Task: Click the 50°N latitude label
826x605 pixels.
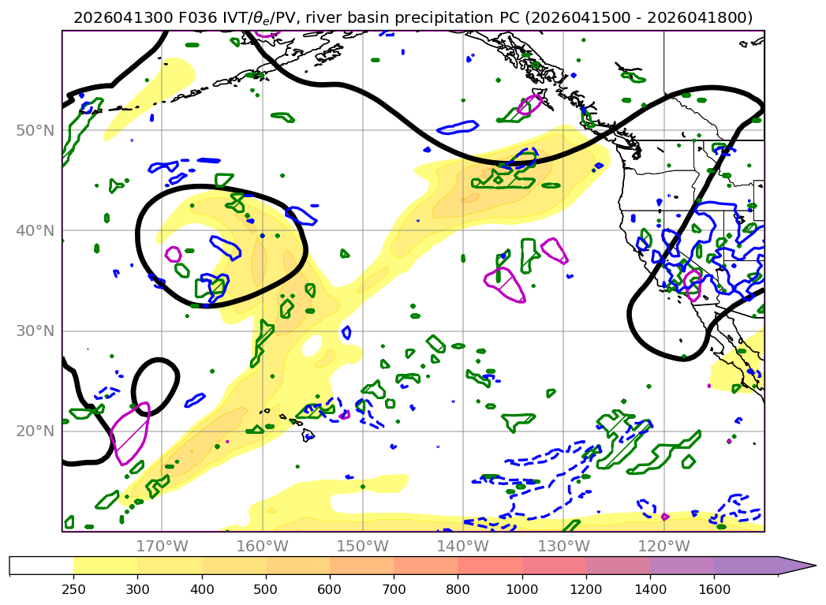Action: [x=36, y=131]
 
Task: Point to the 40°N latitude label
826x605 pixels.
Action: [x=36, y=230]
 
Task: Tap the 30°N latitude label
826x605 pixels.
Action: [x=36, y=331]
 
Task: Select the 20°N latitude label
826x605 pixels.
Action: [x=36, y=431]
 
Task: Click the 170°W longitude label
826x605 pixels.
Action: [x=163, y=546]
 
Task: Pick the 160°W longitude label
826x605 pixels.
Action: [x=263, y=546]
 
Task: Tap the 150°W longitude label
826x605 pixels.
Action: [x=362, y=546]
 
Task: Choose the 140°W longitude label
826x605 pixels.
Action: [x=463, y=546]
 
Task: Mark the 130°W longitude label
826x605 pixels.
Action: [x=563, y=546]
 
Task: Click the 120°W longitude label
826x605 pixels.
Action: [x=663, y=546]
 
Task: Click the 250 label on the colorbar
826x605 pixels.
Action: [x=73, y=589]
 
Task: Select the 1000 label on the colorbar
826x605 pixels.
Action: [x=522, y=589]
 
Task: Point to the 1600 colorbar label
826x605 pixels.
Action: [x=714, y=589]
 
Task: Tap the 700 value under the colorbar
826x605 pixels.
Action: [x=394, y=589]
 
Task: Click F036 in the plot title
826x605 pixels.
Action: [x=197, y=18]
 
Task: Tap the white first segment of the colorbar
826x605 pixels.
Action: [x=42, y=566]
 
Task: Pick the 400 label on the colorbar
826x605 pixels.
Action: [x=202, y=589]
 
